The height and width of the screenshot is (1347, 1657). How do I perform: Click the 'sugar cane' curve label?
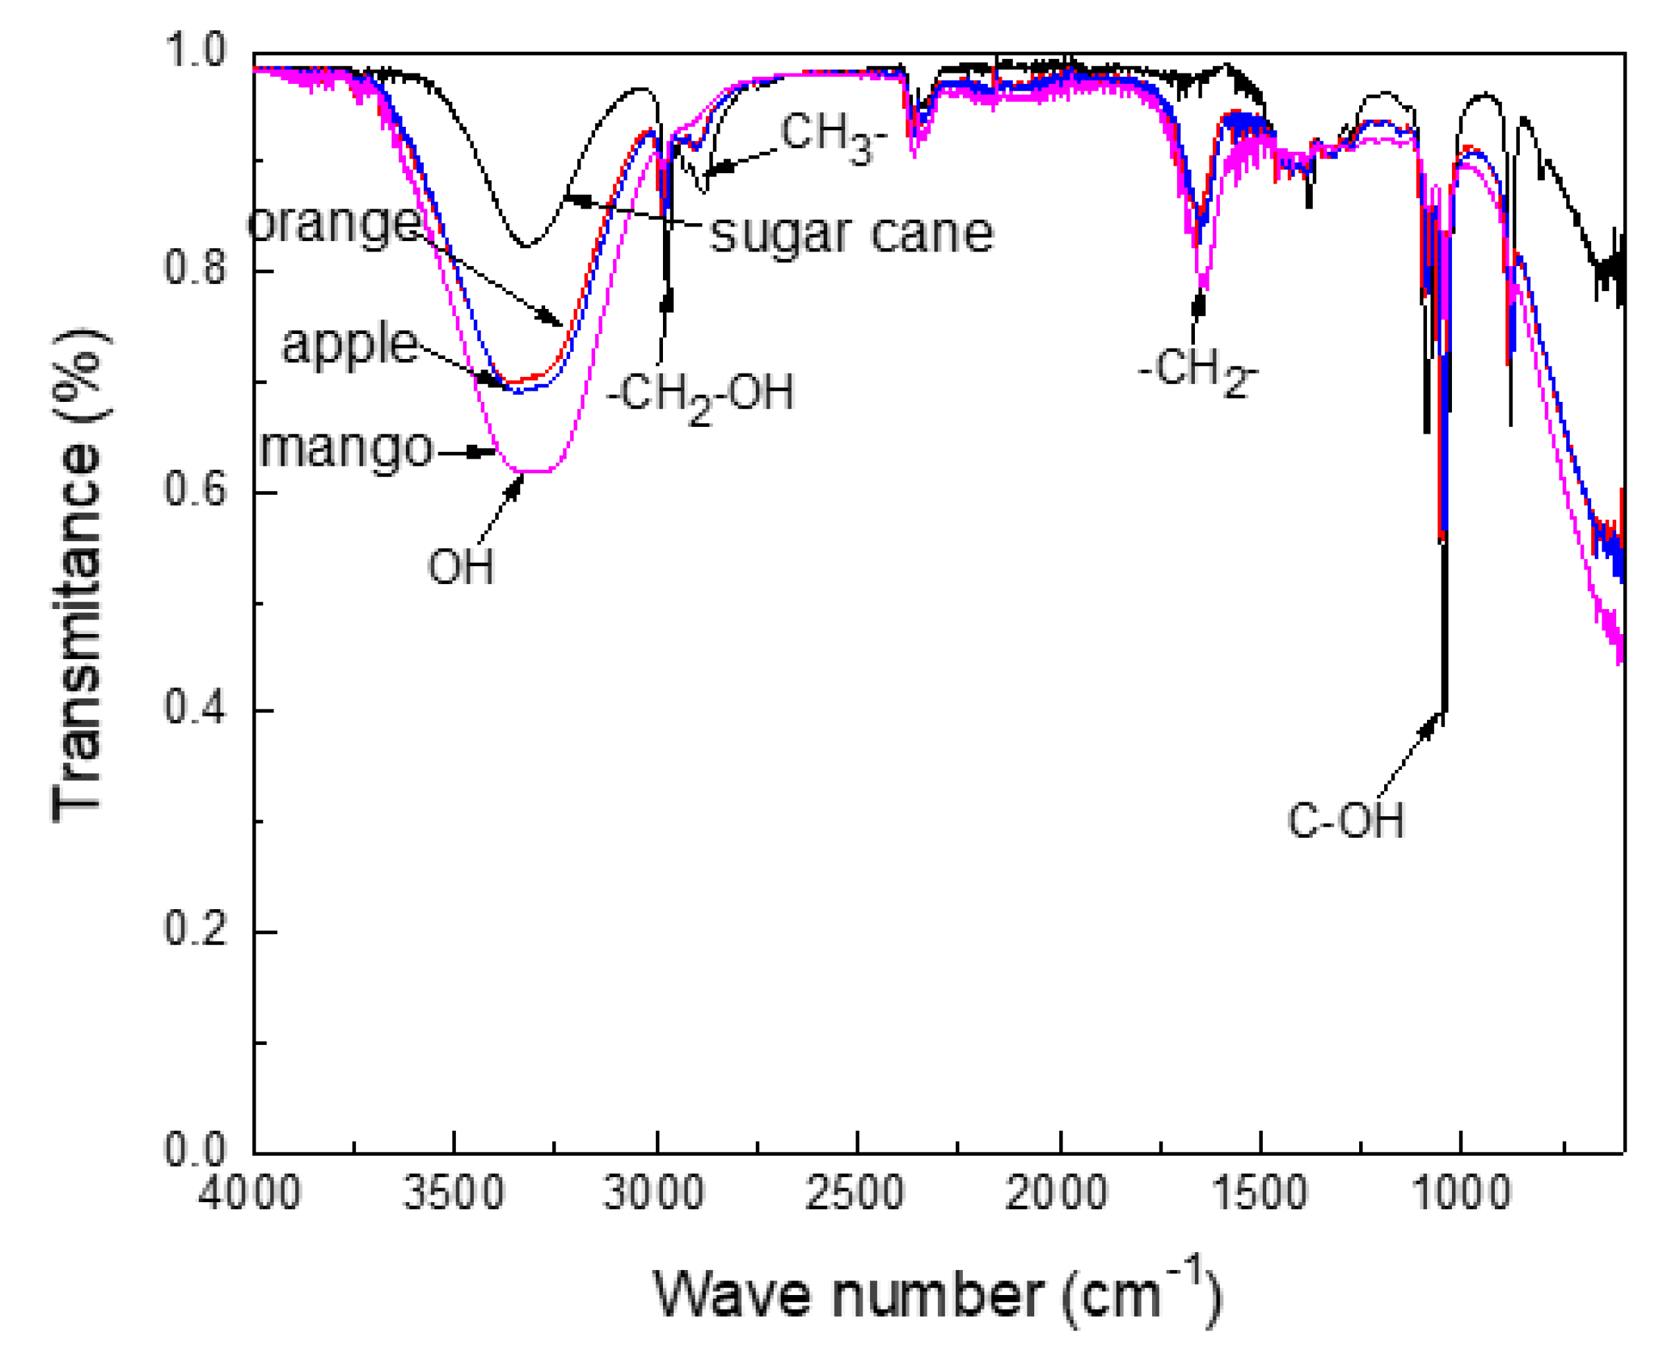pos(851,233)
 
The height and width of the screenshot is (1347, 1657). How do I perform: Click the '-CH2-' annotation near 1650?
pos(1197,371)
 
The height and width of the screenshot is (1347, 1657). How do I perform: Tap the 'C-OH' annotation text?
pos(1345,820)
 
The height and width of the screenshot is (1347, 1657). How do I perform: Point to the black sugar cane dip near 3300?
pos(526,246)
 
